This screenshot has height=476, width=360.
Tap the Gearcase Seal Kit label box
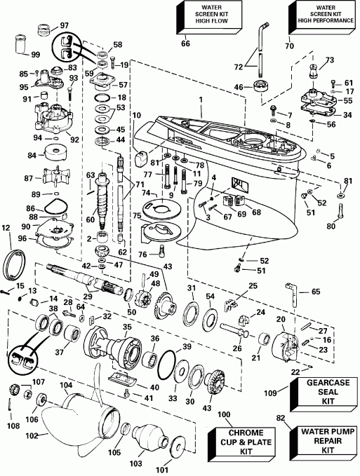click(x=326, y=393)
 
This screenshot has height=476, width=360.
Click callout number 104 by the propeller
click(x=65, y=386)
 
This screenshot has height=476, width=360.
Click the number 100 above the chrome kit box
click(x=225, y=415)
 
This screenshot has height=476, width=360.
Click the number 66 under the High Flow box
click(x=185, y=44)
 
